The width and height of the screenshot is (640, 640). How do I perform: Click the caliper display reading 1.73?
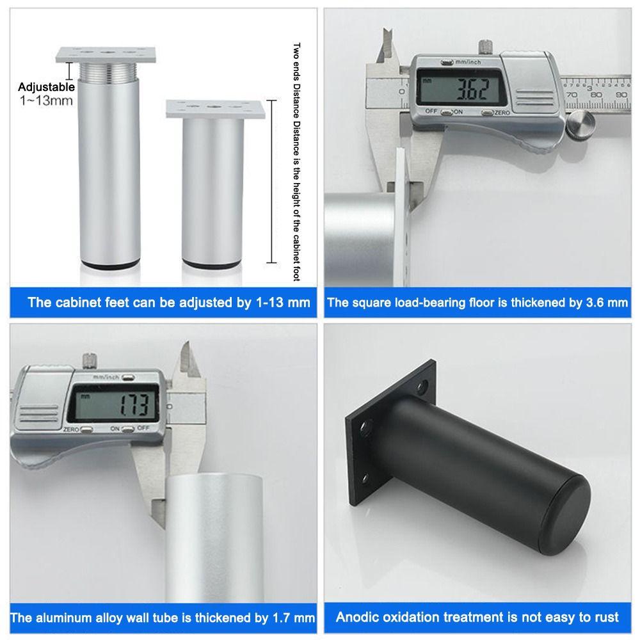pos(113,403)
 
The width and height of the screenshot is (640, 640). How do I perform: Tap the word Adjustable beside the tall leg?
pos(46,87)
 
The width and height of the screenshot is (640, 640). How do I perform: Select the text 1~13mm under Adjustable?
pos(46,100)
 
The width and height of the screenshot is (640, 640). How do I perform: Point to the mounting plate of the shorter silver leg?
pos(215,109)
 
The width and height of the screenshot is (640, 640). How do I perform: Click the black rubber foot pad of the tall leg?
pos(110,266)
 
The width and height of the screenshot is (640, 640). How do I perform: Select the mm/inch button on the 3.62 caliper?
pos(448,63)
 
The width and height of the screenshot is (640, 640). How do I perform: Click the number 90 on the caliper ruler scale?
pos(621,95)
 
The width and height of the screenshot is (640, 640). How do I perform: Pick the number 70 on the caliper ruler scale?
pos(572,95)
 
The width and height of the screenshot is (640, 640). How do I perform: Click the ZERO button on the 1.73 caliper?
pos(86,429)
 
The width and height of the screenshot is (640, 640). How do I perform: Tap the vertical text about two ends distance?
pos(296,162)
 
